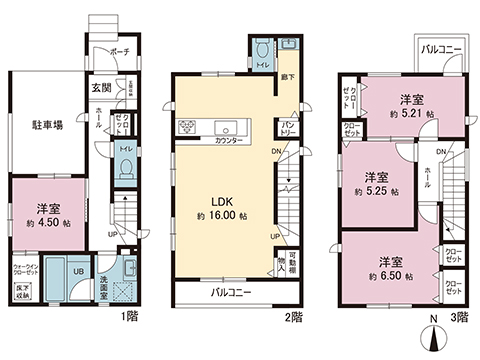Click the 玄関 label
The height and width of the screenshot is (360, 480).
coord(101,88)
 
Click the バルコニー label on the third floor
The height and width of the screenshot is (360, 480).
coord(440,48)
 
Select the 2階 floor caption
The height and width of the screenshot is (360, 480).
coord(292,318)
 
